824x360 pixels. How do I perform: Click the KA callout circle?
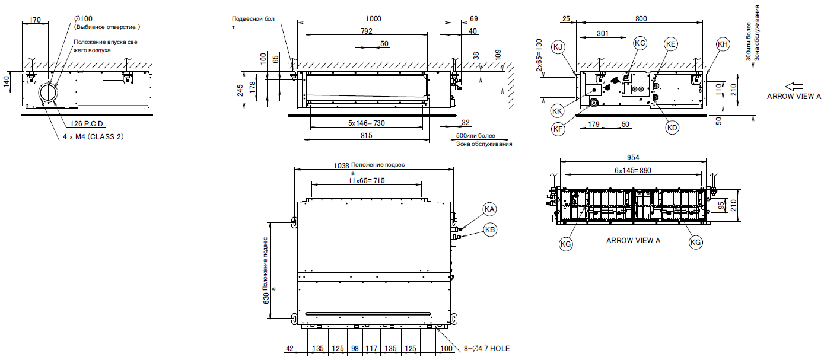point(489,209)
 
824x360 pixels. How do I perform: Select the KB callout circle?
point(489,231)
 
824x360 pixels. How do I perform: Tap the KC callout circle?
point(640,43)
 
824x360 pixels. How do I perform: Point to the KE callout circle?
point(671,44)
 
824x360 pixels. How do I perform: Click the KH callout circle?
point(722,44)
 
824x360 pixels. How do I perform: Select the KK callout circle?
point(557,110)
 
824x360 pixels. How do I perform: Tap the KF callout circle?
point(557,128)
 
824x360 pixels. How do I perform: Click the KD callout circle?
point(672,128)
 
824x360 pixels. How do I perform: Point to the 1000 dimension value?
point(374,19)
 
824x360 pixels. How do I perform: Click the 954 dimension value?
point(632,159)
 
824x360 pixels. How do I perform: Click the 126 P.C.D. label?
point(90,124)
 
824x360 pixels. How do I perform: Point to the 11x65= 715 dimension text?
point(367,181)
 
